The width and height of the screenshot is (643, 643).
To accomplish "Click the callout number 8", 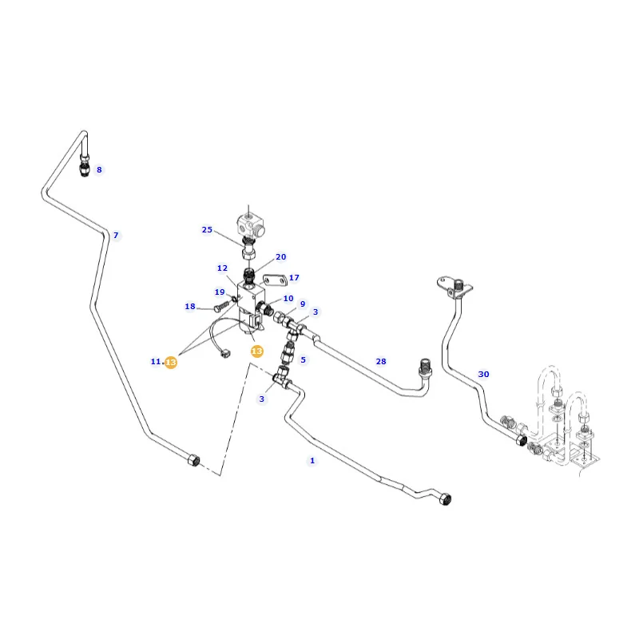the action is point(99,169).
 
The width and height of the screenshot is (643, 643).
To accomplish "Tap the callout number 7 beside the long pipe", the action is point(116,235).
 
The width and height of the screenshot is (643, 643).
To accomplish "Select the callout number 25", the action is point(207,230).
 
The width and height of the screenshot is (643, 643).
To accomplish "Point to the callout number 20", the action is point(281,256).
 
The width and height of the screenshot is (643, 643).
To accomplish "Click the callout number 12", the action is point(222,268).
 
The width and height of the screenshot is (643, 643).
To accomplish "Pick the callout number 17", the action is point(294,278).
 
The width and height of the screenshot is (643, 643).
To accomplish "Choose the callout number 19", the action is point(220,292).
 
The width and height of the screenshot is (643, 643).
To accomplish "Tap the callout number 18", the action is point(190,307).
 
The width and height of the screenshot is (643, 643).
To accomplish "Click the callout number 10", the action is point(288,298).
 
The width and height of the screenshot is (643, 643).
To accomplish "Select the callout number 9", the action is point(303,304).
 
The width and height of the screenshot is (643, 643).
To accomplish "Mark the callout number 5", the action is point(303,359).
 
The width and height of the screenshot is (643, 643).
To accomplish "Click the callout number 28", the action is point(381,361).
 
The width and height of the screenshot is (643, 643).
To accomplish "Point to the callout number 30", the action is point(483,374).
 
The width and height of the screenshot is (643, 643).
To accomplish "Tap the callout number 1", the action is point(312,461).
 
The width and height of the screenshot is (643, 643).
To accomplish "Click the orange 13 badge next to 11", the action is point(171,363).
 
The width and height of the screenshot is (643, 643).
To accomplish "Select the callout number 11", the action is point(156,361).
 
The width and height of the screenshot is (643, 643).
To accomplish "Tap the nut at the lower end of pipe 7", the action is point(193,460).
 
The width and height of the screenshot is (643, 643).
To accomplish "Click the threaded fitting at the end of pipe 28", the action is point(425,367).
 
